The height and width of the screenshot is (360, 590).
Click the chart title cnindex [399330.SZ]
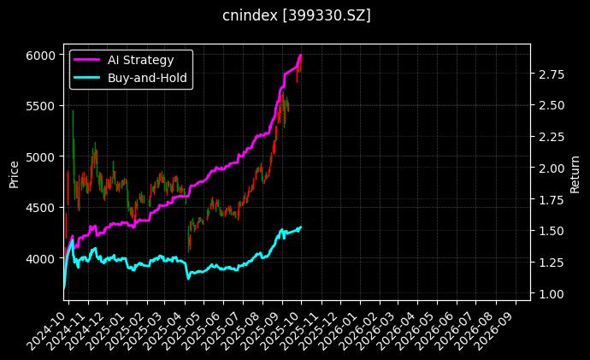pos(296,15)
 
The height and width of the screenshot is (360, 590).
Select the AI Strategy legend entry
pos(140,60)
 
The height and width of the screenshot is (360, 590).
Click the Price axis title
pos(14,172)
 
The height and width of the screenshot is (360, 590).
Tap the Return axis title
pos(575,172)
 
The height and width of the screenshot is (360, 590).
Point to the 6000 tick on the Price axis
pos(43,55)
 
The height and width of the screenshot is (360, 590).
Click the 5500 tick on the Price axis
pos(43,106)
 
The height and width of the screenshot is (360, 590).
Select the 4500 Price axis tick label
pos(43,207)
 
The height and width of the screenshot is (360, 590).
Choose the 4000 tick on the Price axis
pos(43,258)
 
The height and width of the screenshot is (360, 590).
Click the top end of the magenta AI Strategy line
pos(300,55)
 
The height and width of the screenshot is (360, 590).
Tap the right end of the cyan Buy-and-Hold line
pos(301,227)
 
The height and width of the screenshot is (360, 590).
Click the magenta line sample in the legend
pos(88,60)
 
